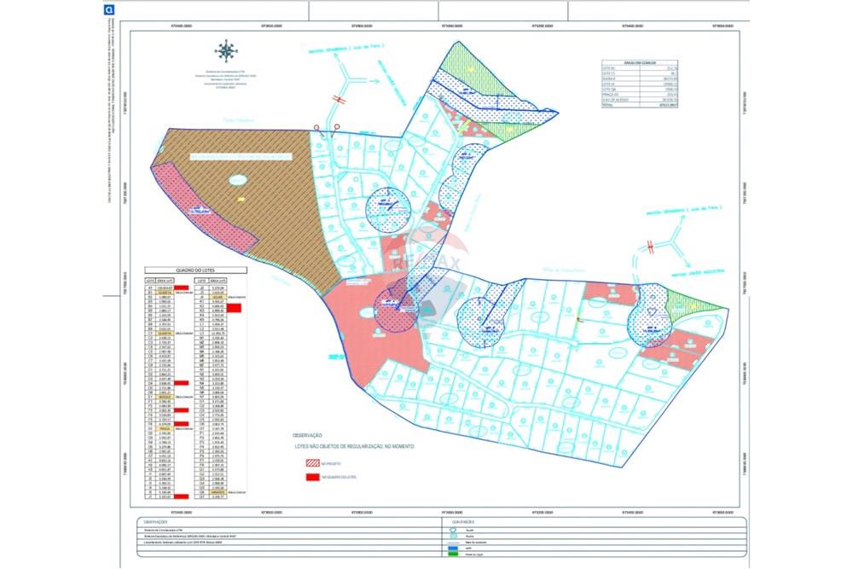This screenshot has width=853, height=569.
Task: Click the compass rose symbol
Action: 226,51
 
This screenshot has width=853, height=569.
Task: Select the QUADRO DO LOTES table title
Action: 196,270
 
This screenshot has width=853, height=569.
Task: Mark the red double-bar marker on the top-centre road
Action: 339,100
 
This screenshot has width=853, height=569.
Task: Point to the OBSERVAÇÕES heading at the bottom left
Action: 155,520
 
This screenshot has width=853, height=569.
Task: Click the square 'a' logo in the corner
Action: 108,10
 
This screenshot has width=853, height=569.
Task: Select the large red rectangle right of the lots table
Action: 235,308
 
